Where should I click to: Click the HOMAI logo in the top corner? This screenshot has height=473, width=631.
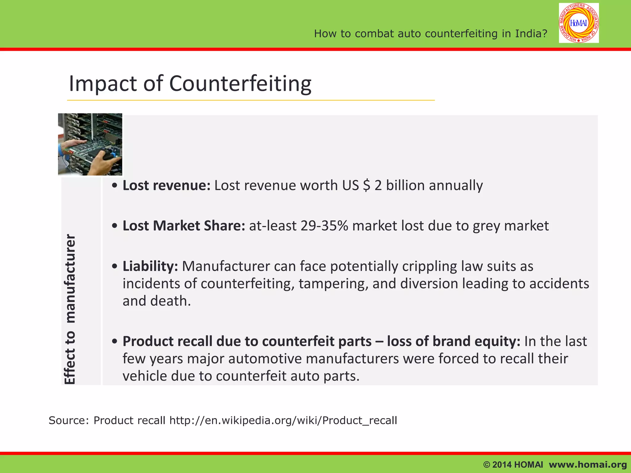coord(579,23)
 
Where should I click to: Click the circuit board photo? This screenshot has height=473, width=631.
coord(90,144)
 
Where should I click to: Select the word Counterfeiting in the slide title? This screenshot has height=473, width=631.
coord(240,84)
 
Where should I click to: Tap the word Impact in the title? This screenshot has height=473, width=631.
coord(103,84)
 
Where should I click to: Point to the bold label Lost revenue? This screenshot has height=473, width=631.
coord(166,186)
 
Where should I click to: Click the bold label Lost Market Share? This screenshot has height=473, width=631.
coord(184,226)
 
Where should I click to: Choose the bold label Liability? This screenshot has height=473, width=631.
coord(150,266)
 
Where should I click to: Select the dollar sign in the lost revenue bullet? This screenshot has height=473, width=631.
coord(366,186)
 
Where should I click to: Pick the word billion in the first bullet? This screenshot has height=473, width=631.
coord(405,186)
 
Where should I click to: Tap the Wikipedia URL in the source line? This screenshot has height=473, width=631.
coord(283,420)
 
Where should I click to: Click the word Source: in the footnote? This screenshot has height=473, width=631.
coord(69,420)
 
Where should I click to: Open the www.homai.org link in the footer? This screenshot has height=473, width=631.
coord(588,465)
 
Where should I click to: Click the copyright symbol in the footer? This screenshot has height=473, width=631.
coord(487,465)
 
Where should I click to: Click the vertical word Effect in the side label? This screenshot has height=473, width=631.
coord(70,366)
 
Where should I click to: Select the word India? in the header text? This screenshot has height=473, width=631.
coord(531,34)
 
